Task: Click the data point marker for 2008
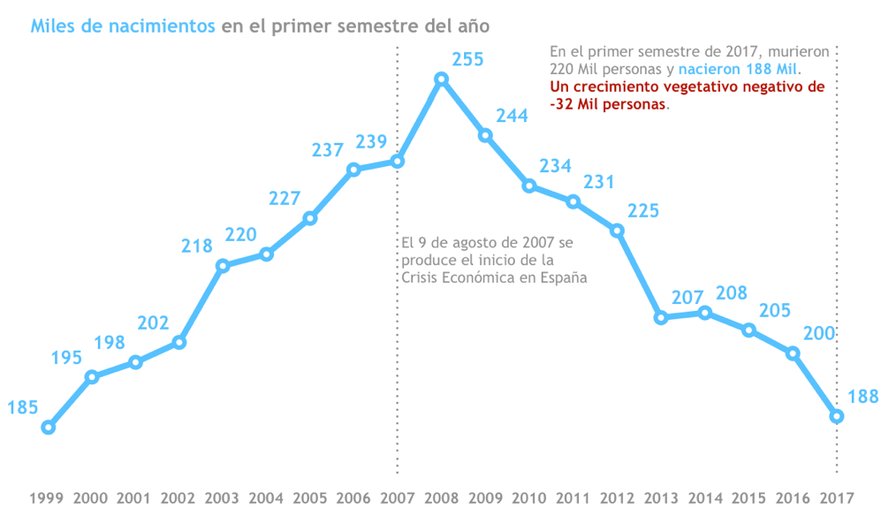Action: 442,80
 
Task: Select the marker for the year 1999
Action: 49,428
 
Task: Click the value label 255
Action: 467,60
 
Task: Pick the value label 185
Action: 22,407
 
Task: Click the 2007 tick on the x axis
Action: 398,497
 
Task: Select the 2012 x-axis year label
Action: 617,497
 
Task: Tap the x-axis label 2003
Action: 223,497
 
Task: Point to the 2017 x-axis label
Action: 836,497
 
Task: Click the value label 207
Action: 689,298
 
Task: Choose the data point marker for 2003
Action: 223,266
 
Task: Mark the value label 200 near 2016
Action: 818,333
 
